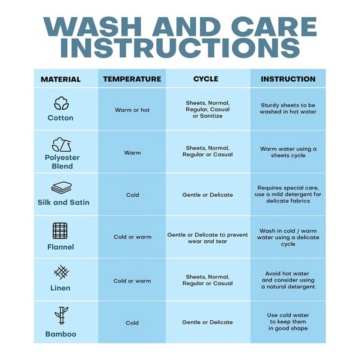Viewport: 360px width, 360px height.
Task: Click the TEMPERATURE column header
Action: coord(132,79)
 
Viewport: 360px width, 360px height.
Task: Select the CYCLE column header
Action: coord(206,79)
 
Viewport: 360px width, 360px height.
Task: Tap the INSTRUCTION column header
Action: coord(288,79)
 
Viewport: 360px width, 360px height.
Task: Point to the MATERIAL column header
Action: coord(61,79)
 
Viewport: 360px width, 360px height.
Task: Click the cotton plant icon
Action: coord(61,103)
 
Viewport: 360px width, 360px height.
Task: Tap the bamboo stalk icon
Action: coord(61,315)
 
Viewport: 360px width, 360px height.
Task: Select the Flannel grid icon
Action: coord(60,231)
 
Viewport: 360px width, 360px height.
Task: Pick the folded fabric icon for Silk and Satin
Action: coord(62,188)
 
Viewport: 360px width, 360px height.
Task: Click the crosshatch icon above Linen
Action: coord(61,272)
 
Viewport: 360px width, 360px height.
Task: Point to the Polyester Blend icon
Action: coord(62,144)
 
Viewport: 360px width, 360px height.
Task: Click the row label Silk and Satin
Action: coord(63,202)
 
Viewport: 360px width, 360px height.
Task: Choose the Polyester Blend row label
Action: coord(62,162)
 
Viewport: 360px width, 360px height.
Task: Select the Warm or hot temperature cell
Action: coord(132,110)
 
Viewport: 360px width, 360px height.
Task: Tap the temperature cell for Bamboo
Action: coord(132,323)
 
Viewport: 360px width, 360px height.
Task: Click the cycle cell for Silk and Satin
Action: coord(207,195)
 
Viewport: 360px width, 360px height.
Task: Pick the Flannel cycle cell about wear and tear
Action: coord(207,238)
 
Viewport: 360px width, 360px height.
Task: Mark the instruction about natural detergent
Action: coord(288,280)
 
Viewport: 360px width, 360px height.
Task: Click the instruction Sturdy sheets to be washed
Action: coord(288,108)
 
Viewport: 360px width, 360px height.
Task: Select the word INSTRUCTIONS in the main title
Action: coord(180,48)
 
